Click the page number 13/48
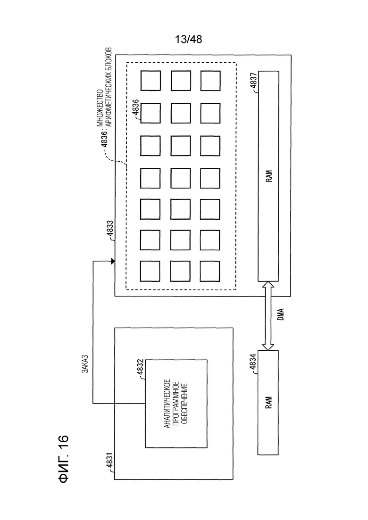[188, 40]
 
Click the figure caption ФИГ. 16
[63, 459]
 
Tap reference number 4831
[110, 462]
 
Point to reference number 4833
[110, 230]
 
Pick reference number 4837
[253, 82]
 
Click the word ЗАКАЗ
[85, 364]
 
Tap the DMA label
[281, 314]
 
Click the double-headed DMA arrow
[268, 316]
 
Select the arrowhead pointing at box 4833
[113, 261]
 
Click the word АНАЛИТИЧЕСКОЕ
[167, 404]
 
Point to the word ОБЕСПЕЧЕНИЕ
[185, 404]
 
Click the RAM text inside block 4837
[269, 176]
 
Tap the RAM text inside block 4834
[268, 402]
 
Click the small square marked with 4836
[151, 113]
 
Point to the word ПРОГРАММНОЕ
[176, 404]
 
